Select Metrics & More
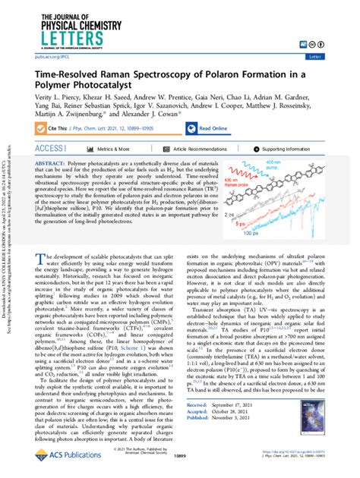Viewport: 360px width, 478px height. [x=122, y=149]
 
